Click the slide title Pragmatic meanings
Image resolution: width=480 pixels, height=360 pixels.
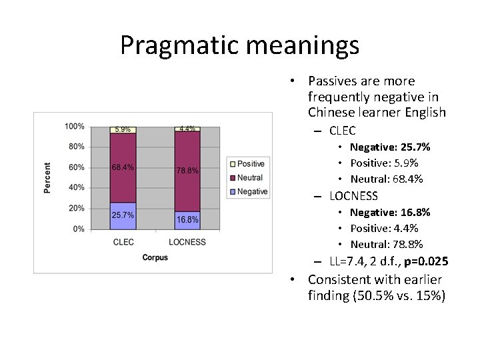click(239, 45)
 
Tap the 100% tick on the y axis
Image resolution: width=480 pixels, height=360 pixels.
click(75, 126)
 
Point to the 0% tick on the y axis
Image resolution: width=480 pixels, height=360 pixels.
click(78, 229)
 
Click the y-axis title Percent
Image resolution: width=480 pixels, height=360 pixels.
click(47, 178)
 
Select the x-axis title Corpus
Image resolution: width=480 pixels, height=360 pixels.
click(155, 257)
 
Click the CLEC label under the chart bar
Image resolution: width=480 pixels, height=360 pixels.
click(123, 242)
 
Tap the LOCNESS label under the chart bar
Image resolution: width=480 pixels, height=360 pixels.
click(187, 242)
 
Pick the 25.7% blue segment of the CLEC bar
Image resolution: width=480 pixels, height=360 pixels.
click(123, 215)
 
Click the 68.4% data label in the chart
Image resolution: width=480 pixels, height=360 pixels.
click(123, 167)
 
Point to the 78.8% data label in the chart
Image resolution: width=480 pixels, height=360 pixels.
click(187, 171)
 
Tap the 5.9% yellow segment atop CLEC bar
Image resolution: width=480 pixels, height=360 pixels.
click(123, 129)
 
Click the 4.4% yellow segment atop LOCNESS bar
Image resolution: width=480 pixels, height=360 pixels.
click(187, 129)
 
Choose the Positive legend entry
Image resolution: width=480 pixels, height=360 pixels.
click(247, 164)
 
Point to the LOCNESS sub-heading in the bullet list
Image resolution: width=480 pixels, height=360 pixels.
click(353, 196)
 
